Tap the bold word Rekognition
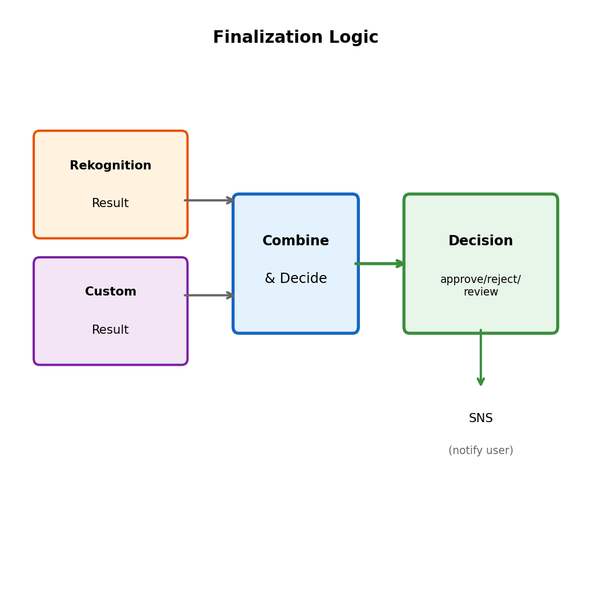111,166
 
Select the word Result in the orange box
111,204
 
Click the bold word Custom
111,292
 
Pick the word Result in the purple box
111,330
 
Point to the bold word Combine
295,241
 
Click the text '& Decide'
295,279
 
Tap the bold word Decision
480,241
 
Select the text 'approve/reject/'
480,280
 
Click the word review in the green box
480,292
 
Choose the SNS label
480,419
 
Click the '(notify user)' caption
480,451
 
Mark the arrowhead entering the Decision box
400,264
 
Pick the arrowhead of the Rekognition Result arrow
230,200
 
